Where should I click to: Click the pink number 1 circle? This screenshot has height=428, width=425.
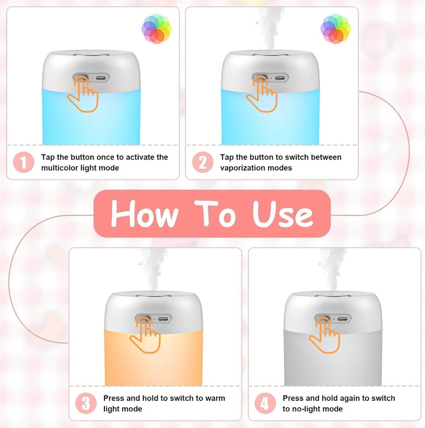click(x=24, y=162)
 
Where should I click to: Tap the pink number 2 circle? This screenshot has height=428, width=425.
click(x=202, y=162)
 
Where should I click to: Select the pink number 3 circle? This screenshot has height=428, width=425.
click(x=86, y=403)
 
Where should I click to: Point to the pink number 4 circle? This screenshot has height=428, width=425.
click(x=265, y=403)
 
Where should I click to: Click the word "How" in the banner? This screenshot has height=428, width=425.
click(x=145, y=214)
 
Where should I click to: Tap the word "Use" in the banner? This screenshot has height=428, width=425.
click(x=283, y=214)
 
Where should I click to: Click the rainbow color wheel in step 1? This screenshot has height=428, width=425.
click(x=156, y=29)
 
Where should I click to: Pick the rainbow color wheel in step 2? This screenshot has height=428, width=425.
click(x=335, y=29)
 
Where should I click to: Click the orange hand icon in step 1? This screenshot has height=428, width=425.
click(x=83, y=94)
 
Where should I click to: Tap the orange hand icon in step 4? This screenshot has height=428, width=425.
click(x=324, y=335)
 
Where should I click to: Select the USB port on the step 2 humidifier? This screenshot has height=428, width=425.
click(x=280, y=79)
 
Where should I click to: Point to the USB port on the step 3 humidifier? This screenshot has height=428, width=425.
click(x=163, y=319)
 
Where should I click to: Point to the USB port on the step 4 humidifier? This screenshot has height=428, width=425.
click(x=342, y=319)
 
